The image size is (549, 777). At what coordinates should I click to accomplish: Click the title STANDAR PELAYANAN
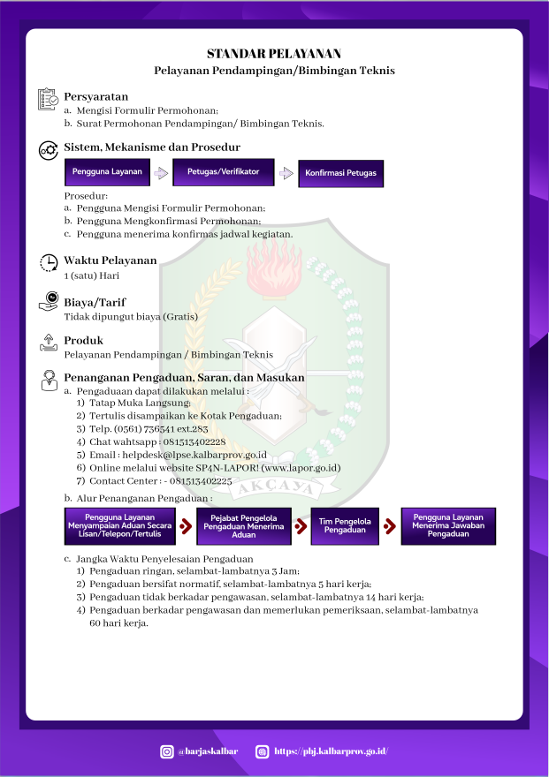(274, 54)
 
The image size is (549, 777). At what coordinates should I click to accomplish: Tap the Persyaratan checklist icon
(48, 100)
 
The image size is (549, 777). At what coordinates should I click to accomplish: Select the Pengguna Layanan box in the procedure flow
(107, 171)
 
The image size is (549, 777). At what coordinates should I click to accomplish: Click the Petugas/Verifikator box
(223, 171)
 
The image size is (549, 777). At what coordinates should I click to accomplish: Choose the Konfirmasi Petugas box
(340, 173)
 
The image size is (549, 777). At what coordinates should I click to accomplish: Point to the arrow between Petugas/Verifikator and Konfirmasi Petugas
(286, 173)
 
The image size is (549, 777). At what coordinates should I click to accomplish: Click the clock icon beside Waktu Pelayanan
(49, 262)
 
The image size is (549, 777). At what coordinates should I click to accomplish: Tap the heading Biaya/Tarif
(95, 302)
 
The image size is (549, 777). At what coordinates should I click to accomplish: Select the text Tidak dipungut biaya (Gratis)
(131, 316)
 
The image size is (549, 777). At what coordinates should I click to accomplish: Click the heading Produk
(83, 340)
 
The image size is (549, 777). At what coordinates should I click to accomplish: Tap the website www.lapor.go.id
(301, 468)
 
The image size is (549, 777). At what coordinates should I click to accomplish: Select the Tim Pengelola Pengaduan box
(345, 525)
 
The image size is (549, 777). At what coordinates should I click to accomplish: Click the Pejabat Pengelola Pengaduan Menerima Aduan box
(243, 525)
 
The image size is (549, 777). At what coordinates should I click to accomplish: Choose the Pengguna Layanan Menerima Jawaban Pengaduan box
(448, 525)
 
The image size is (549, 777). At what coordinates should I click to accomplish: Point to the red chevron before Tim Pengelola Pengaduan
(301, 526)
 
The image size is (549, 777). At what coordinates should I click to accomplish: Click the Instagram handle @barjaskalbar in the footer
(208, 751)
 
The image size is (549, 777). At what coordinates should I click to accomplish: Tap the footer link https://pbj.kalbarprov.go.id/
(331, 751)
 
